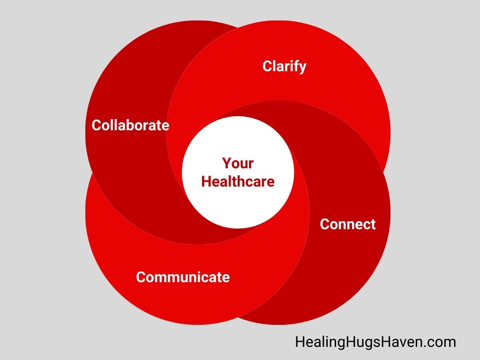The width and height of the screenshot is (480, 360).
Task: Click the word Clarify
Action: [x=284, y=66]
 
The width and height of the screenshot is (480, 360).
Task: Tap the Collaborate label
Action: [x=130, y=125]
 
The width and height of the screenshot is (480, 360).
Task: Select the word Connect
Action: [x=348, y=224]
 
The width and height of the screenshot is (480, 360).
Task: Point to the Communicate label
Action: [x=183, y=277]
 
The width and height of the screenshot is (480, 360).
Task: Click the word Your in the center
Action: [x=238, y=163]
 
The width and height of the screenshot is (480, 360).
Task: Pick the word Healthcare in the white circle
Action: [x=238, y=181]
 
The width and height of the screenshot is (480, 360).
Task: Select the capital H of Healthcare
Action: [x=206, y=181]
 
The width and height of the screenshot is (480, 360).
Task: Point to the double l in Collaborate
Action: [x=112, y=125]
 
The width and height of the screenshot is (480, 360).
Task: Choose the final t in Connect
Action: [x=373, y=224]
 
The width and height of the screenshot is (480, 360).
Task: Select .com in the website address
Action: [x=440, y=342]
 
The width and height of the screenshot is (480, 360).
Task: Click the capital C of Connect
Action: [x=325, y=224]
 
